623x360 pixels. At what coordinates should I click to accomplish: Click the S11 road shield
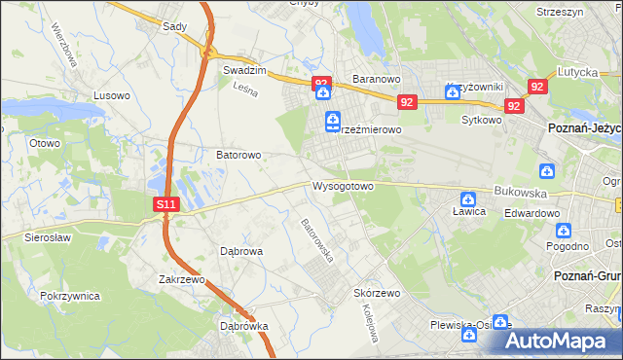166,204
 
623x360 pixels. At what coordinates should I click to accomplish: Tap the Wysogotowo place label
343,186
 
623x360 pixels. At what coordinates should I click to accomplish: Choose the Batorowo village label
238,155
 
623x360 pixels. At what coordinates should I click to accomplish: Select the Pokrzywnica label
71,294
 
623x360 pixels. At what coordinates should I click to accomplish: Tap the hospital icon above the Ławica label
468,197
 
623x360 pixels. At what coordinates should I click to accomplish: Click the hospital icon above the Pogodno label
563,231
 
